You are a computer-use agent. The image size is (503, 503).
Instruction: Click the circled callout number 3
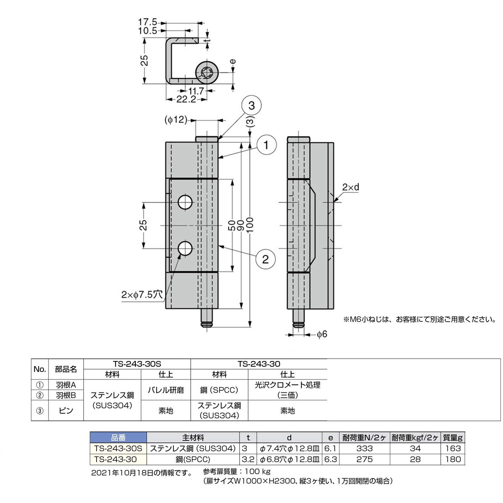(251, 105)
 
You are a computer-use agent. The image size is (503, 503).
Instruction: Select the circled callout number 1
(266, 145)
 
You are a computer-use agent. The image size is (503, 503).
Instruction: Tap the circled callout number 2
(265, 259)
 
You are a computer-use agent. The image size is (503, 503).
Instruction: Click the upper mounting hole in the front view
(185, 202)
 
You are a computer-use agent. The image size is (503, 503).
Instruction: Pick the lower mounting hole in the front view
(185, 248)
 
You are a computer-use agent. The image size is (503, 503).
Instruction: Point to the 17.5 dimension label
(147, 22)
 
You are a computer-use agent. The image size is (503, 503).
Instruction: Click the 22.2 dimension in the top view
(186, 99)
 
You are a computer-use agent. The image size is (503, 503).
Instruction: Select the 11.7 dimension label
(196, 91)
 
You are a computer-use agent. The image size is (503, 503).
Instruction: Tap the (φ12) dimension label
(176, 120)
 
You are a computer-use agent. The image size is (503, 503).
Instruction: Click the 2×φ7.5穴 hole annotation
(142, 295)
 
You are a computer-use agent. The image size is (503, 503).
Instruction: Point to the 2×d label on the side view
(351, 187)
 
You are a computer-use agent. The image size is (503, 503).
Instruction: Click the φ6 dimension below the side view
(322, 334)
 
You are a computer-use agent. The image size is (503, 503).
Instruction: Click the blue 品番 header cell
(118, 437)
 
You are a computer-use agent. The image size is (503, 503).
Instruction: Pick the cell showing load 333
(365, 448)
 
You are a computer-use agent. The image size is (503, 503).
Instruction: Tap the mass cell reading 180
(453, 459)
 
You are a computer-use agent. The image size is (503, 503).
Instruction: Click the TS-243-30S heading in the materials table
(137, 364)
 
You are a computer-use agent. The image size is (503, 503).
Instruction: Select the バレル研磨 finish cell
(166, 390)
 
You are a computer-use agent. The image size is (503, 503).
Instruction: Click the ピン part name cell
(66, 410)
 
